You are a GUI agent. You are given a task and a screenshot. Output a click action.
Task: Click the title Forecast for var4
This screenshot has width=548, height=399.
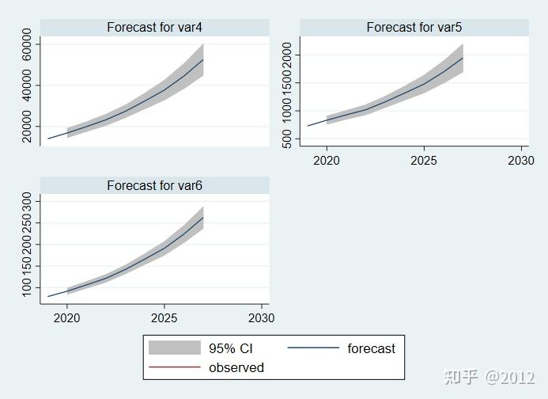pyautogui.click(x=155, y=28)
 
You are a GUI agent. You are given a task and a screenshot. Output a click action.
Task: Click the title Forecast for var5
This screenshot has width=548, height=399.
pyautogui.click(x=414, y=28)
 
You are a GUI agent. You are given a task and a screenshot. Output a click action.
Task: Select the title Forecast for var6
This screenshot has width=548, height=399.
pyautogui.click(x=155, y=186)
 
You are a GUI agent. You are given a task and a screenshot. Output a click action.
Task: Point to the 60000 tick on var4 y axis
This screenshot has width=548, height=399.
pyautogui.click(x=28, y=44)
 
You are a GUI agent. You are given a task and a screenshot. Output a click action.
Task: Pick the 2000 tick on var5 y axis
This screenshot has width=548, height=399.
pyautogui.click(x=287, y=55)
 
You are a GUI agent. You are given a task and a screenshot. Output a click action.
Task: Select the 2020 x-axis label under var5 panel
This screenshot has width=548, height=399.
pyautogui.click(x=326, y=161)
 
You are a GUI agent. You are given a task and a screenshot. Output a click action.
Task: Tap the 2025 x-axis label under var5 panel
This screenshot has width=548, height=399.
pyautogui.click(x=424, y=161)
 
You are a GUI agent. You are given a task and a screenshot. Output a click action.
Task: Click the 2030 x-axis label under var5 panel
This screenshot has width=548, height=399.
pyautogui.click(x=521, y=161)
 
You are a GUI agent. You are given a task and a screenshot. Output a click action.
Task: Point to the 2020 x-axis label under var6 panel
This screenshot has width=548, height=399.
pyautogui.click(x=66, y=318)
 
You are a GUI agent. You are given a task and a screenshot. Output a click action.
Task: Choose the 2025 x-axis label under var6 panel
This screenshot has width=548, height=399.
pyautogui.click(x=164, y=318)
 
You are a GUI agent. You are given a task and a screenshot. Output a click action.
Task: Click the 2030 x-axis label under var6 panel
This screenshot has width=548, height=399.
pyautogui.click(x=261, y=318)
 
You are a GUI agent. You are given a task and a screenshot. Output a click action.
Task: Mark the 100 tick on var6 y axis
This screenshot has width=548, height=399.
pyautogui.click(x=28, y=291)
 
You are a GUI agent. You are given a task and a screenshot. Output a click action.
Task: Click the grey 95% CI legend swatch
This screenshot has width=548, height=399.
pyautogui.click(x=174, y=348)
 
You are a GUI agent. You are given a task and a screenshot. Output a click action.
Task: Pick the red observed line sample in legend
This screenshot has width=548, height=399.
pyautogui.click(x=174, y=367)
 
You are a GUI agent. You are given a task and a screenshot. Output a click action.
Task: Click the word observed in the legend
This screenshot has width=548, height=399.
pyautogui.click(x=236, y=367)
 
